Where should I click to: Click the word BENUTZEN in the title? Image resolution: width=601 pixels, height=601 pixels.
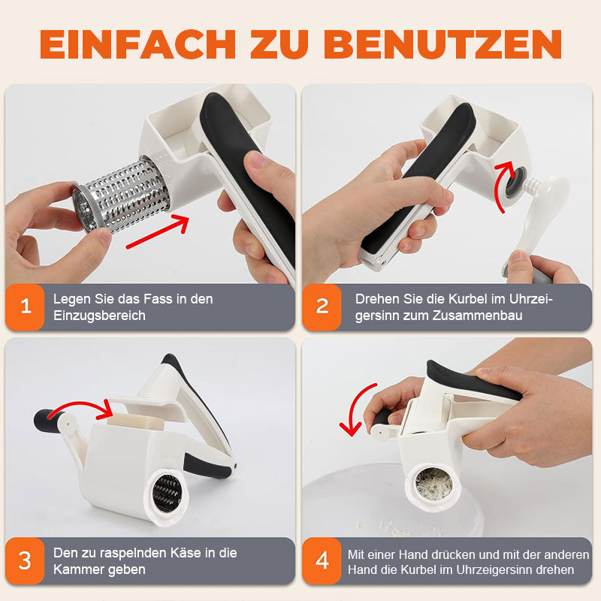click(x=442, y=44)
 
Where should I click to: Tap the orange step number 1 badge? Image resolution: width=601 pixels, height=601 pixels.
click(x=25, y=307)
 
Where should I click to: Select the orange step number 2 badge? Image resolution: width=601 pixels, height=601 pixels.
click(x=322, y=307)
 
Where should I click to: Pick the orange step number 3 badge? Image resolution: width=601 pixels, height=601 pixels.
click(x=25, y=560)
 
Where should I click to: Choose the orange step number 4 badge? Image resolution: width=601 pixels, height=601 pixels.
click(x=322, y=560)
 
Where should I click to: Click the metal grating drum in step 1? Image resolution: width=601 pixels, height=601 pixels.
click(x=121, y=195)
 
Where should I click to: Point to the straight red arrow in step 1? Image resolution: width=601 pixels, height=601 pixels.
click(x=157, y=232)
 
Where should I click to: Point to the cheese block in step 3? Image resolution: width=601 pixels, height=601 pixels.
click(x=136, y=421)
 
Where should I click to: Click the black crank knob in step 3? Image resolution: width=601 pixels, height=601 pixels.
click(x=46, y=420)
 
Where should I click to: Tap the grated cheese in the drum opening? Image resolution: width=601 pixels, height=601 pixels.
click(x=433, y=485)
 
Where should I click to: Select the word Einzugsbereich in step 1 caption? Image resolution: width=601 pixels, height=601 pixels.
click(x=99, y=316)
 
